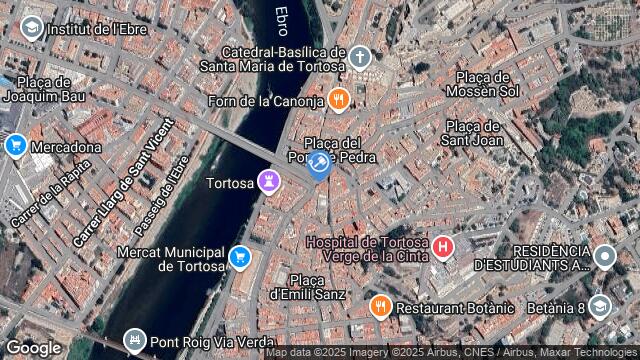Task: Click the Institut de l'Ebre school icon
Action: pyautogui.click(x=31, y=28)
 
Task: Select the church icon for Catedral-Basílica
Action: pyautogui.click(x=360, y=58)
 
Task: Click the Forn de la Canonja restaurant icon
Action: pyautogui.click(x=340, y=100)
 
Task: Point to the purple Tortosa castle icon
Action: pyautogui.click(x=267, y=181)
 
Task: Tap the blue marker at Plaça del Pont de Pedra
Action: pyautogui.click(x=319, y=163)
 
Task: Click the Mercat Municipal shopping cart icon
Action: pyautogui.click(x=239, y=258)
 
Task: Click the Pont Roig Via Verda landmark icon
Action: pyautogui.click(x=134, y=341)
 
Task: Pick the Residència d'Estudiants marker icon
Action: pyautogui.click(x=604, y=257)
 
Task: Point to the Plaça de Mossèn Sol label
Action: pyautogui.click(x=487, y=84)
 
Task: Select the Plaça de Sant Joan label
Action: pyautogui.click(x=472, y=133)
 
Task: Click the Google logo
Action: pyautogui.click(x=33, y=347)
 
